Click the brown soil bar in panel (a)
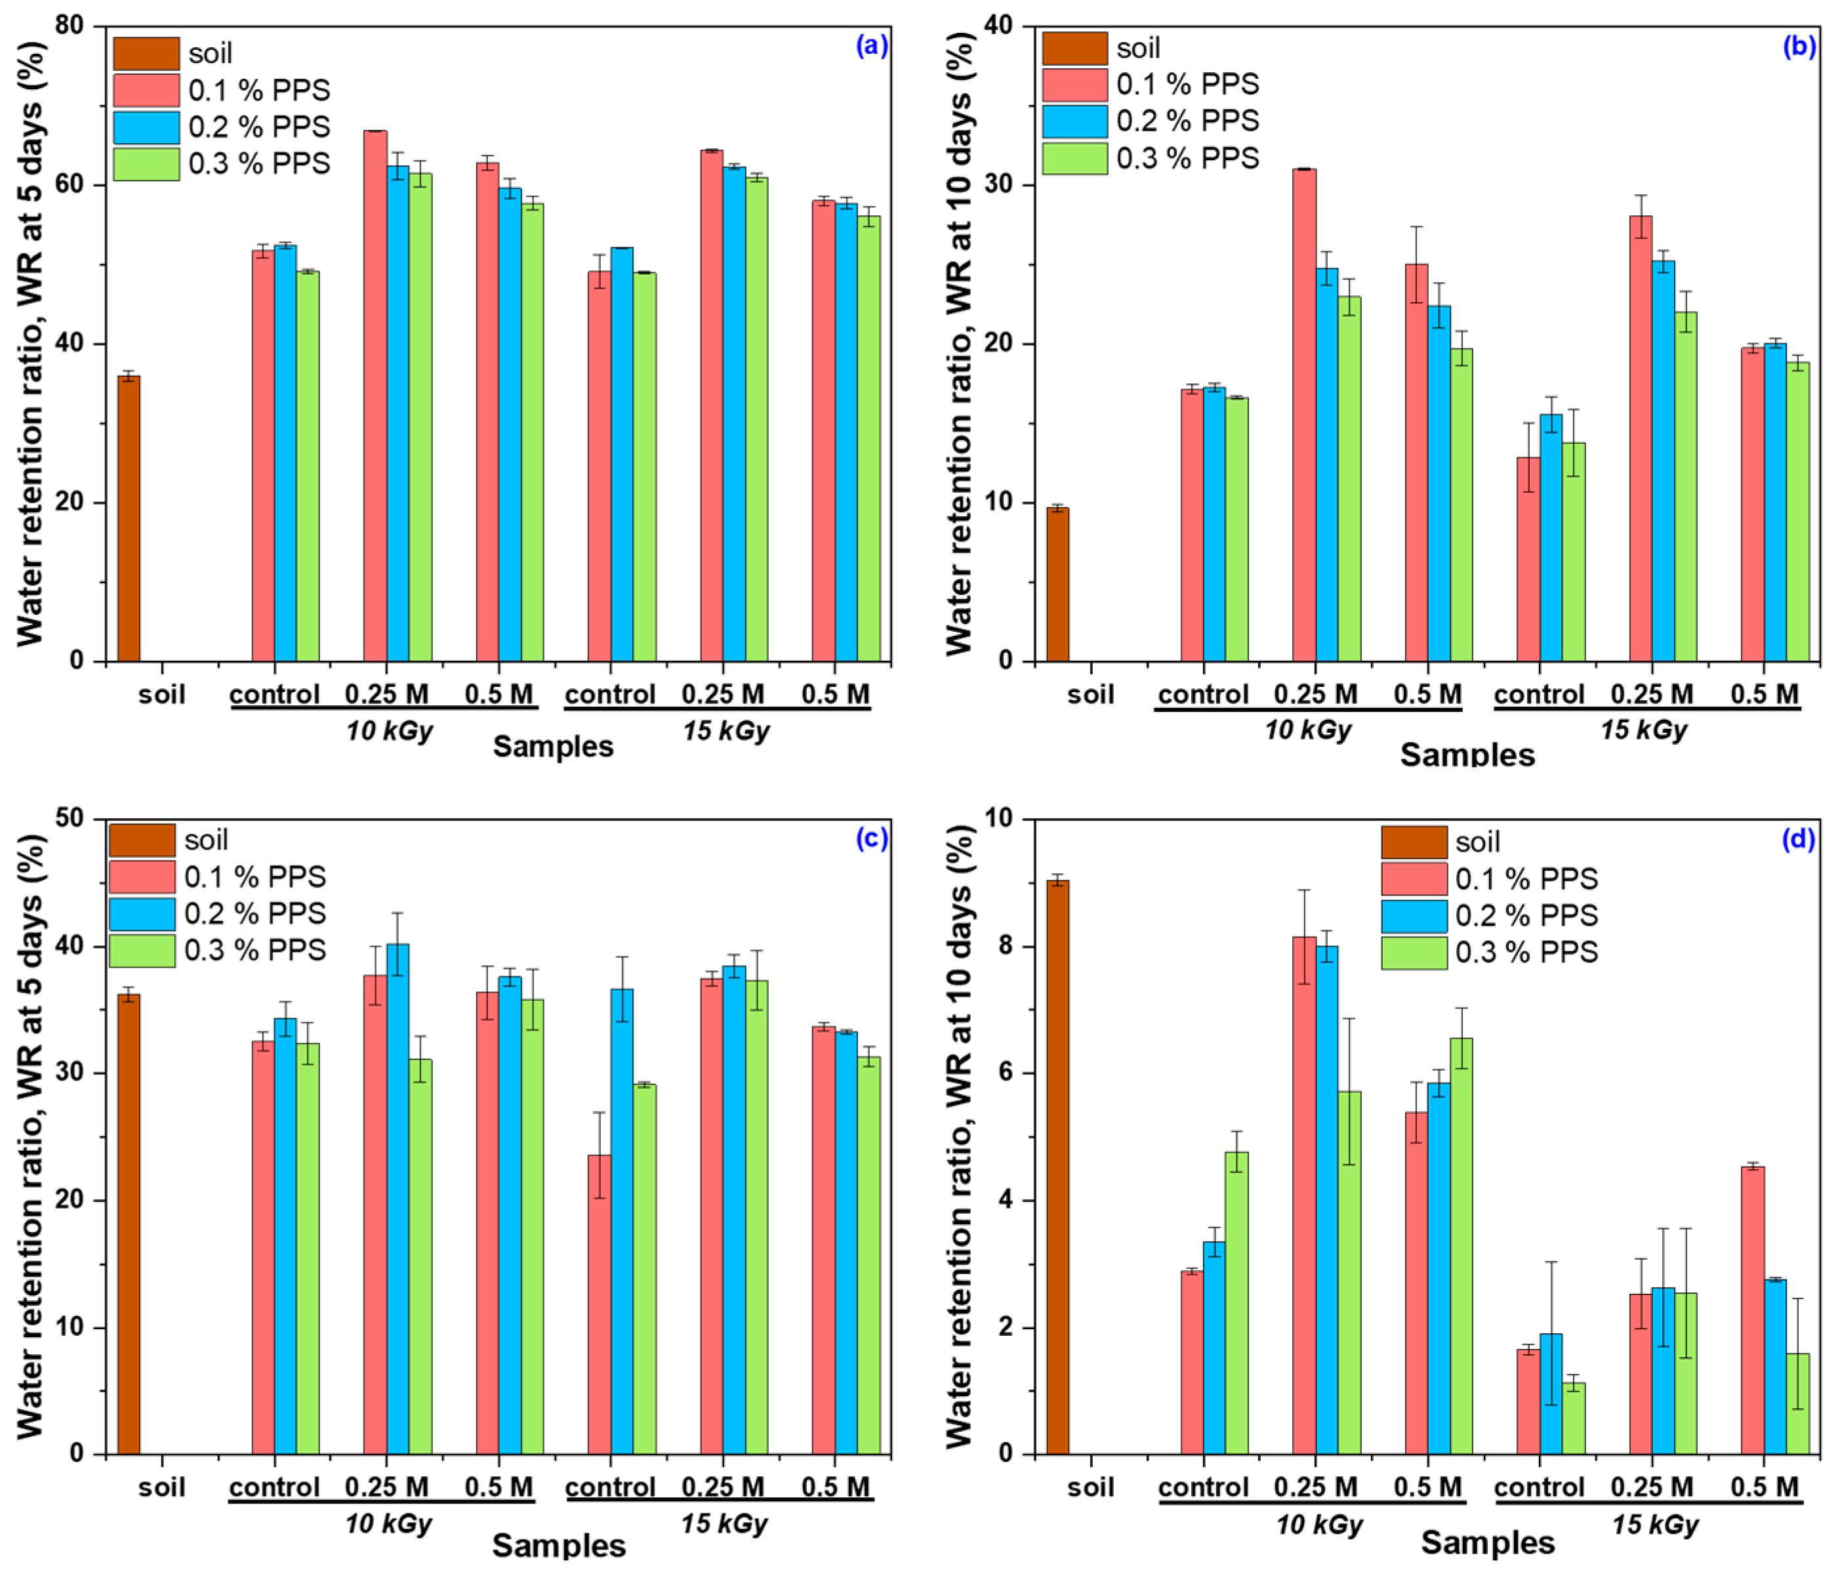tap(129, 519)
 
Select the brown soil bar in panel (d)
tap(1057, 1167)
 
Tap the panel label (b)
tap(1799, 46)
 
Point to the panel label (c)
tap(871, 838)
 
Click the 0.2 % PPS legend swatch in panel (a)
tap(146, 127)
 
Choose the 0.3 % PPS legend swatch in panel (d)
tap(1414, 953)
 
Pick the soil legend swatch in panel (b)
tap(1074, 48)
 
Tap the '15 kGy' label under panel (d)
tap(1654, 1525)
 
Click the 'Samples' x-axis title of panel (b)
tap(1467, 754)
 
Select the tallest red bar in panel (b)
tap(1304, 415)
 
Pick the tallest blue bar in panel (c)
tap(398, 1199)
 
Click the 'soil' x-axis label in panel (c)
tap(161, 1487)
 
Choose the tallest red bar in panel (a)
tap(375, 396)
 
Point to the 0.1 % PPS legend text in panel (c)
tap(255, 877)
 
